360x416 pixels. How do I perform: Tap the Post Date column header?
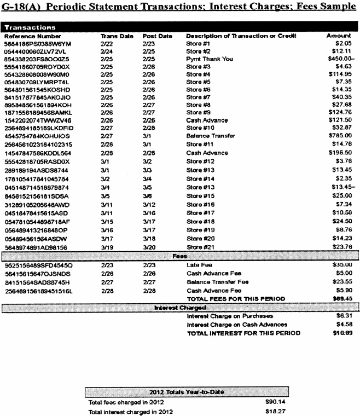pyautogui.click(x=157, y=36)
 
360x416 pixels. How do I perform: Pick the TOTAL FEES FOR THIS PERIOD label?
pyautogui.click(x=236, y=299)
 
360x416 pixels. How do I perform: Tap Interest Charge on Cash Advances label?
pyautogui.click(x=237, y=325)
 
